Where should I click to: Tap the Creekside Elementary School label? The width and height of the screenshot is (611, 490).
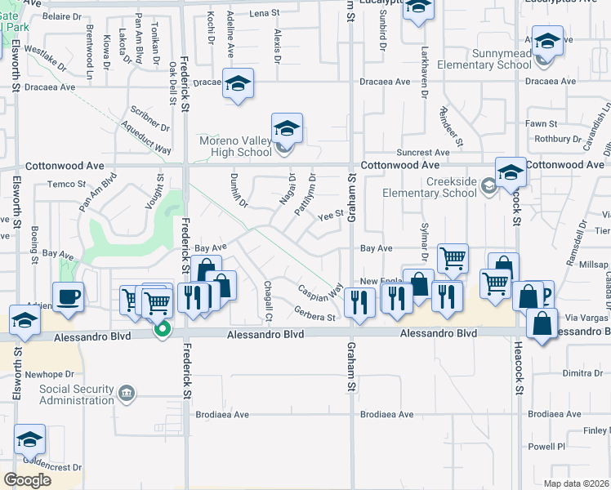coord(434,186)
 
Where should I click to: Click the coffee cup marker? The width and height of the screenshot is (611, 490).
coord(67,297)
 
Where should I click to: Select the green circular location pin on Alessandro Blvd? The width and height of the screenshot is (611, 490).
coord(163,330)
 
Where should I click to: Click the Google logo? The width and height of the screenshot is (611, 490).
coord(27,479)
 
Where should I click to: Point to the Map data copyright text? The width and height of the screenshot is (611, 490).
coord(576,483)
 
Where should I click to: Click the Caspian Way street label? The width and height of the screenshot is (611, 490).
coord(319,291)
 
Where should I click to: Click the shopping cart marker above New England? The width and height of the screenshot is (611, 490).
coord(453,258)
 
